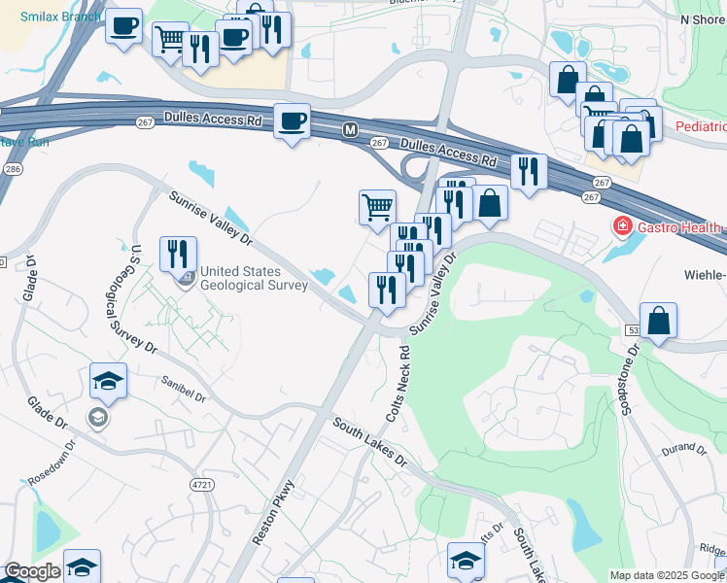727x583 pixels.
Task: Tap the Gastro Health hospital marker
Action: click(619, 226)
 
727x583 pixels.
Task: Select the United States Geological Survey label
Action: click(253, 278)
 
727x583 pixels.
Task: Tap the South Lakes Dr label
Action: click(369, 442)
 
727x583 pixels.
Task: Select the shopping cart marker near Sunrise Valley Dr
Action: click(377, 206)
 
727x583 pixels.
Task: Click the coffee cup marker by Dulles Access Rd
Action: click(292, 122)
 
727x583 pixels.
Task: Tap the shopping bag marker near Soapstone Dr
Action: click(658, 321)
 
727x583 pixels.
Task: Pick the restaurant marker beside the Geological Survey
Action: click(178, 255)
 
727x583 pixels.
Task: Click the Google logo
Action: click(32, 571)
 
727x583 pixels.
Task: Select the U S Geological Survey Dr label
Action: click(144, 297)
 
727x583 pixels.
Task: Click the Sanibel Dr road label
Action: click(185, 390)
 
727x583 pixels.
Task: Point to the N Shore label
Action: click(704, 18)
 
